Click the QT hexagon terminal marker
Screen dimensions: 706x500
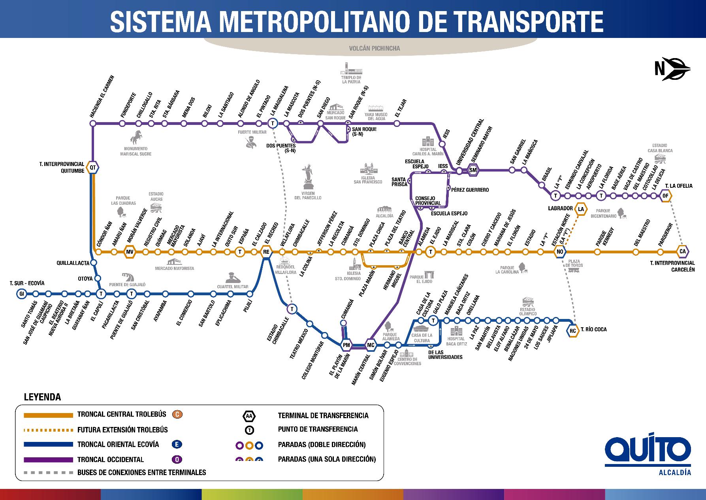[93, 168]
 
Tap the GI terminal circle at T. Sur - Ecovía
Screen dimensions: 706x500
[21, 294]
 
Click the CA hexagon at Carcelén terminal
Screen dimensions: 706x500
[682, 251]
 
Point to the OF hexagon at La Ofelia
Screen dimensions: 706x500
[666, 196]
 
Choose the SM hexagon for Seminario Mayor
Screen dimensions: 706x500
[473, 170]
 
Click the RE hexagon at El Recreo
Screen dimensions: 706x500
[266, 252]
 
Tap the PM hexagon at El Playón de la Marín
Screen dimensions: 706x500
[346, 345]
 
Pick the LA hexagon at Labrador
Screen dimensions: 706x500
[581, 209]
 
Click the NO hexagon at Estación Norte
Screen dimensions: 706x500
[559, 252]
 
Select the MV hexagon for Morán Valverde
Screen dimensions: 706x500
[130, 252]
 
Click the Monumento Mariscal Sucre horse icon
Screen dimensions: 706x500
[136, 138]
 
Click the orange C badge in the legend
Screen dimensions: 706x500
[177, 414]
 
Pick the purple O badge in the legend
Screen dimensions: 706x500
[177, 459]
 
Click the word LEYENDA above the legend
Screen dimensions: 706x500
[43, 397]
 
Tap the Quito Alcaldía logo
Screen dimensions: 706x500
[648, 454]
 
